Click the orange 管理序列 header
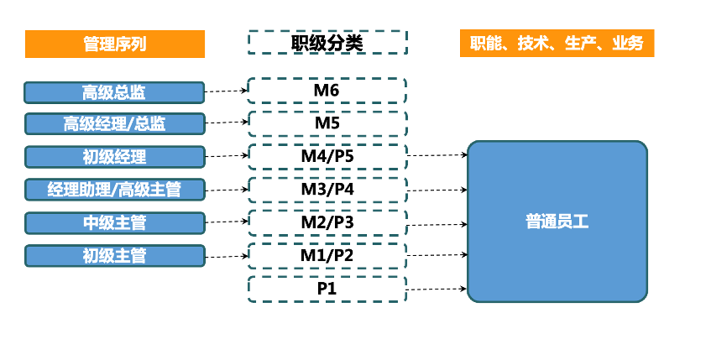click(x=115, y=44)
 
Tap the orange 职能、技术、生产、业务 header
click(x=557, y=44)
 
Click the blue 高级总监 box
click(x=115, y=92)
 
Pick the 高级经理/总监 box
click(x=115, y=124)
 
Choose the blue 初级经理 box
click(x=115, y=157)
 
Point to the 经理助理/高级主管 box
click(x=115, y=190)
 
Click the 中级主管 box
click(x=115, y=222)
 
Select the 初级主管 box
click(x=115, y=255)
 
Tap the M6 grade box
click(x=327, y=90)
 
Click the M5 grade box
click(x=327, y=123)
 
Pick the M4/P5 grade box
click(x=327, y=156)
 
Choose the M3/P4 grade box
click(x=327, y=189)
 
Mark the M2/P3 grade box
click(x=327, y=222)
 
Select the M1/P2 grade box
click(x=327, y=255)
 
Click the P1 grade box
click(x=327, y=289)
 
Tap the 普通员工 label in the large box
click(x=557, y=222)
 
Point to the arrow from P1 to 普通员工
click(x=437, y=289)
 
